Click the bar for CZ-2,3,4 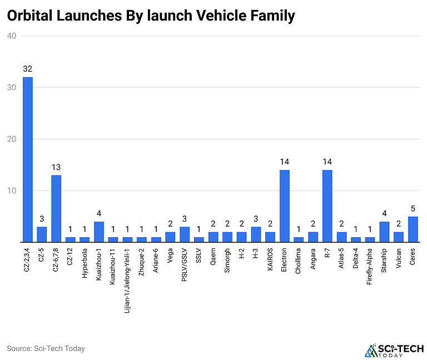27,159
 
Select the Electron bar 284,206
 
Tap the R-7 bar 327,206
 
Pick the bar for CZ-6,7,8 56,209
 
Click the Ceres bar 413,229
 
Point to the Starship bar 384,232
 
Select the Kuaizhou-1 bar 99,232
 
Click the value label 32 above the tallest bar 27,69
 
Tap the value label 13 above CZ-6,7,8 56,167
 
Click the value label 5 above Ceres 413,209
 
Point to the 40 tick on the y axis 12,36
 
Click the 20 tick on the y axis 12,139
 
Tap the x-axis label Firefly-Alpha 370,265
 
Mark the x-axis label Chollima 299,259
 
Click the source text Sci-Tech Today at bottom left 46,348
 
